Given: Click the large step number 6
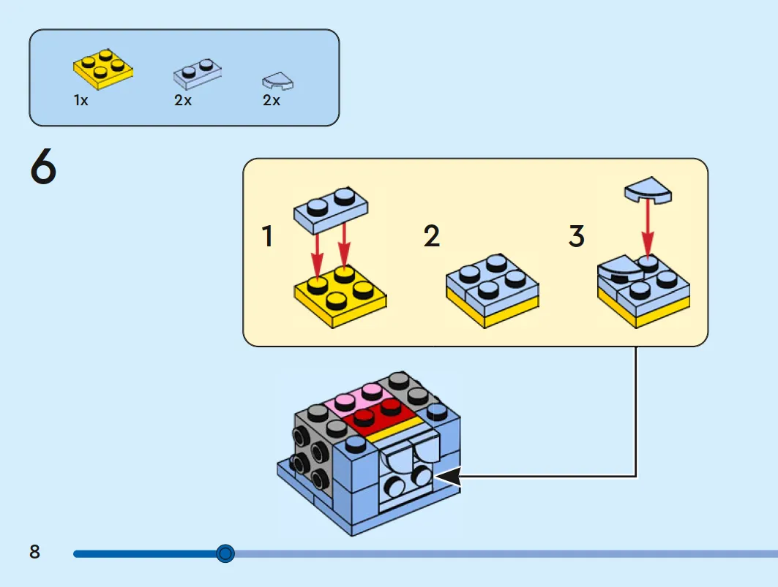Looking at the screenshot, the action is (43, 167).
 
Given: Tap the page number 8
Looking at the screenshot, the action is (34, 552).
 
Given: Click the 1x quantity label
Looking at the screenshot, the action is (81, 100).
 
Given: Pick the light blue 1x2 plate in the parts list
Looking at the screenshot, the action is (198, 74).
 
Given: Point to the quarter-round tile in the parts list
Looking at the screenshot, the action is (278, 81).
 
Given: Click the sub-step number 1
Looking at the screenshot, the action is (267, 236).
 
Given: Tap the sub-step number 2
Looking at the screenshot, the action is (432, 236).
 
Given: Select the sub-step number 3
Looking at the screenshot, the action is (577, 236).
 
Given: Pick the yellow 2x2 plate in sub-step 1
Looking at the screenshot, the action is (340, 297).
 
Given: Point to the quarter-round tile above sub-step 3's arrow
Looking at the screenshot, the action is (648, 189).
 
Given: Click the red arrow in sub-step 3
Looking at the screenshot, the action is (648, 228).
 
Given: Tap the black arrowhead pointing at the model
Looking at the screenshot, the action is (449, 477).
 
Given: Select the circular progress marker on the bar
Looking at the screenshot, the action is (225, 553).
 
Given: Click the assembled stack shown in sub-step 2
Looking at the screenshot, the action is (493, 291).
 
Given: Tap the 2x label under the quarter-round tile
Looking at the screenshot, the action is (272, 100).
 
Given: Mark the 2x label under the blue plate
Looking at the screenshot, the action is (183, 100).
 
